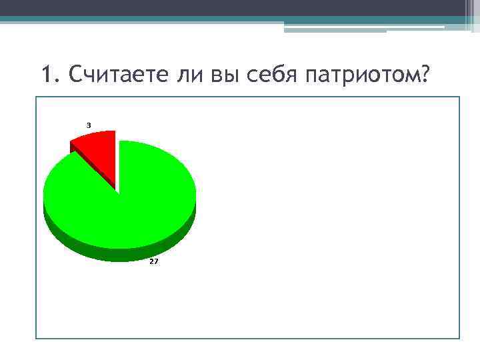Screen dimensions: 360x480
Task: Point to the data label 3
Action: coord(89,125)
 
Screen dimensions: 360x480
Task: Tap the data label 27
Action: coord(154,262)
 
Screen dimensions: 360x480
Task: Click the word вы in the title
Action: coord(223,76)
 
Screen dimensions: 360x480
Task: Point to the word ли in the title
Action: coord(189,76)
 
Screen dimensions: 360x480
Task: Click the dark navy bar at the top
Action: coord(240,7)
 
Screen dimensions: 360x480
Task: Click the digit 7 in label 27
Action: coord(156,262)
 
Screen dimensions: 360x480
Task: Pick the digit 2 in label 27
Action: coord(151,262)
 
